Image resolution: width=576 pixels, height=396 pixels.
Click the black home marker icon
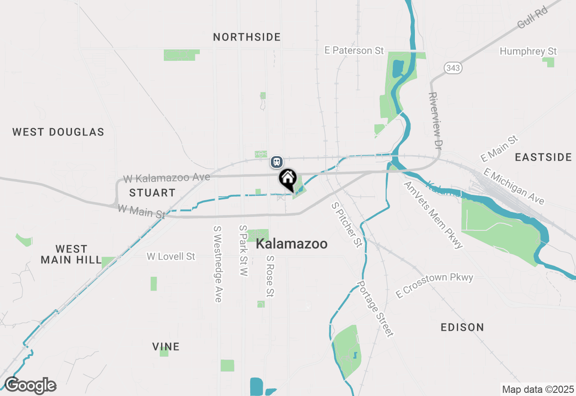288,179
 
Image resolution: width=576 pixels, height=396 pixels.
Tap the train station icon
276,162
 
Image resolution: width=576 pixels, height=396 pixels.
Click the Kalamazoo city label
292,244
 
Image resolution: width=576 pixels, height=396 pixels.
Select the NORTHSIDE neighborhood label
247,37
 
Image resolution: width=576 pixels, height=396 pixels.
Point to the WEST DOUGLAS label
58,132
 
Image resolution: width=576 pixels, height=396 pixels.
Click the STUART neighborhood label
152,193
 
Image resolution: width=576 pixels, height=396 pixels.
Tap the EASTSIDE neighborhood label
544,157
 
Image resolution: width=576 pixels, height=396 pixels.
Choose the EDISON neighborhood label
463,327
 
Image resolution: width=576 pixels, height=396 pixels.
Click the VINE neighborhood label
166,346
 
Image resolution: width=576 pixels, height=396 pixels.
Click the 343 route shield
452,68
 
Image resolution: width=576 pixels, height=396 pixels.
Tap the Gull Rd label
532,18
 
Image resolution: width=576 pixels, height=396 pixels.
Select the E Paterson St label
355,50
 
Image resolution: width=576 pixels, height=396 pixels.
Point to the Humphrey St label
528,51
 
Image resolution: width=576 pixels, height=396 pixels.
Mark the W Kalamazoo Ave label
166,178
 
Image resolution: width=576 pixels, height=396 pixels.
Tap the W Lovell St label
171,256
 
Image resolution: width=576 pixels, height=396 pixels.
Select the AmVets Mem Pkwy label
433,215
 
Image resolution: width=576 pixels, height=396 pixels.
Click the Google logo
30,385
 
